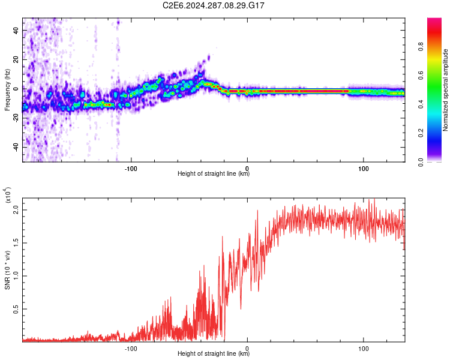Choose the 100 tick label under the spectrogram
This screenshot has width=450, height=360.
(x=364, y=167)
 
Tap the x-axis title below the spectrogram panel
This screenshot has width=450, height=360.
(x=214, y=174)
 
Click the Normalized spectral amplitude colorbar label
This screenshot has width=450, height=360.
(x=446, y=90)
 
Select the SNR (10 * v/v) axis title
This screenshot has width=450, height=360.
(x=7, y=264)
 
